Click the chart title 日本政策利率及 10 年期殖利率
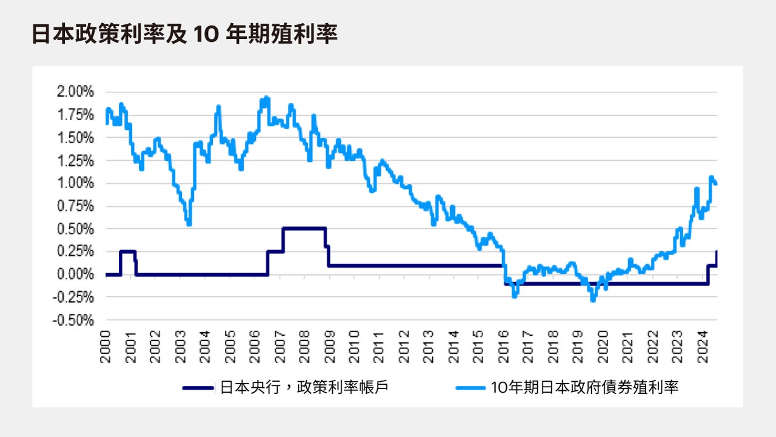[184, 35]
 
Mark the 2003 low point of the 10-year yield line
[189, 224]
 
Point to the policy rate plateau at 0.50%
[305, 228]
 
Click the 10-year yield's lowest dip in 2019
[593, 300]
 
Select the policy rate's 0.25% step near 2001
[128, 251]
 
